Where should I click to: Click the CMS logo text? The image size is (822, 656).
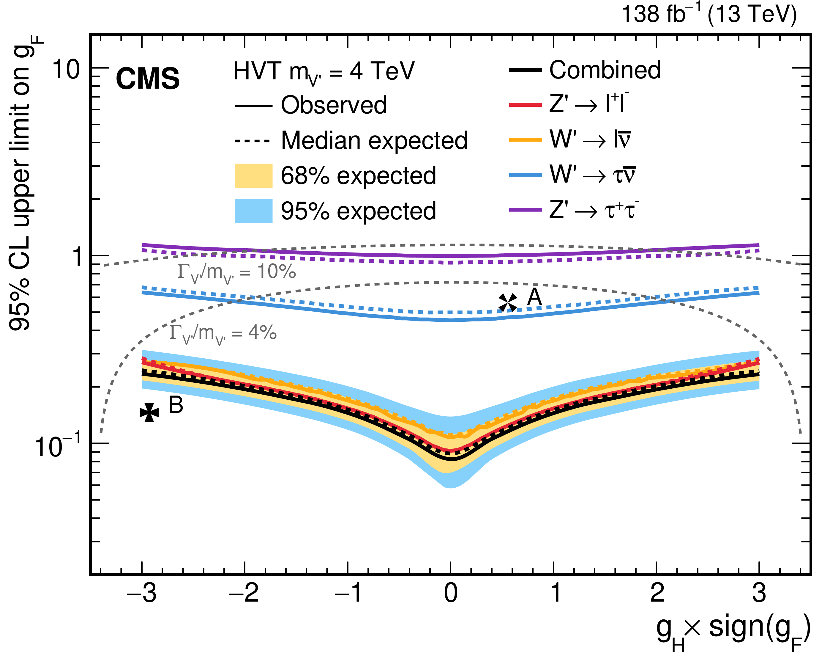(148, 79)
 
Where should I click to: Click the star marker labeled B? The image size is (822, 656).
(149, 412)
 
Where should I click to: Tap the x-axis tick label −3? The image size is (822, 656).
(142, 593)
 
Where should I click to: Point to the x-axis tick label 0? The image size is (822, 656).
(451, 593)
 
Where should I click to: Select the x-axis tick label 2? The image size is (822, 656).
(657, 593)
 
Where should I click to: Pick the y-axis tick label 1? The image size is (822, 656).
(78, 256)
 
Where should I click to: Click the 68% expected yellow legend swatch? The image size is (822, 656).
(253, 176)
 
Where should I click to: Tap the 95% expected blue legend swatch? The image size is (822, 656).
(253, 211)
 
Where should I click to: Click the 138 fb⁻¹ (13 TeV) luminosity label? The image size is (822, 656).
(709, 15)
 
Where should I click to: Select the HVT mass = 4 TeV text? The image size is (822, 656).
(324, 72)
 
